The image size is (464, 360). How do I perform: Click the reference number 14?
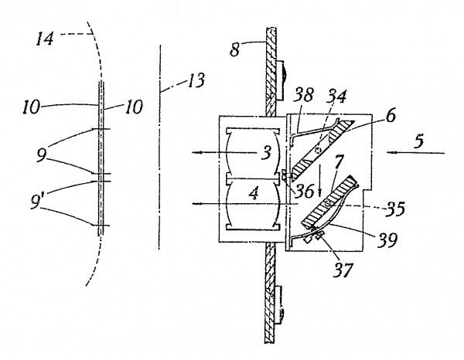pyautogui.click(x=45, y=39)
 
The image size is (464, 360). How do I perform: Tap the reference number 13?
pyautogui.click(x=196, y=80)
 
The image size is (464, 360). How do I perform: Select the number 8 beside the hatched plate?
pyautogui.click(x=234, y=49)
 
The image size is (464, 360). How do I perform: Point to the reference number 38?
pyautogui.click(x=304, y=95)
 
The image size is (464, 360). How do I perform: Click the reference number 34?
pyautogui.click(x=336, y=97)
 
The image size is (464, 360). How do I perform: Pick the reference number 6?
pyautogui.click(x=391, y=116)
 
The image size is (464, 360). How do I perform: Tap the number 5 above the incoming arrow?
pyautogui.click(x=418, y=141)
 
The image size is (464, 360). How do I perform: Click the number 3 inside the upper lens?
pyautogui.click(x=266, y=153)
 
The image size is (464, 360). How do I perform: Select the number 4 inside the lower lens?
pyautogui.click(x=254, y=194)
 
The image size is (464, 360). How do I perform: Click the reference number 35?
pyautogui.click(x=395, y=209)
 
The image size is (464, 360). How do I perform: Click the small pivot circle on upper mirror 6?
pyautogui.click(x=318, y=150)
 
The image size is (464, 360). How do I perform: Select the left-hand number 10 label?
pyautogui.click(x=31, y=107)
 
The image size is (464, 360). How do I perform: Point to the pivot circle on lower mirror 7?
pyautogui.click(x=328, y=203)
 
